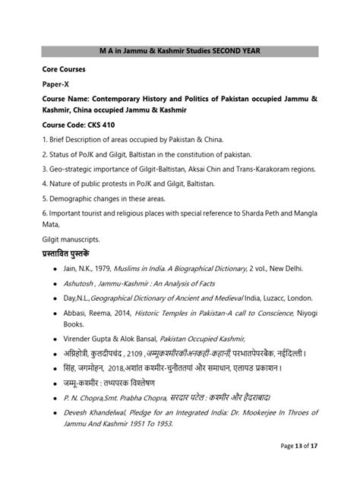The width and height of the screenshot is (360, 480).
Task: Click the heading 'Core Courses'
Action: [64, 69]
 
